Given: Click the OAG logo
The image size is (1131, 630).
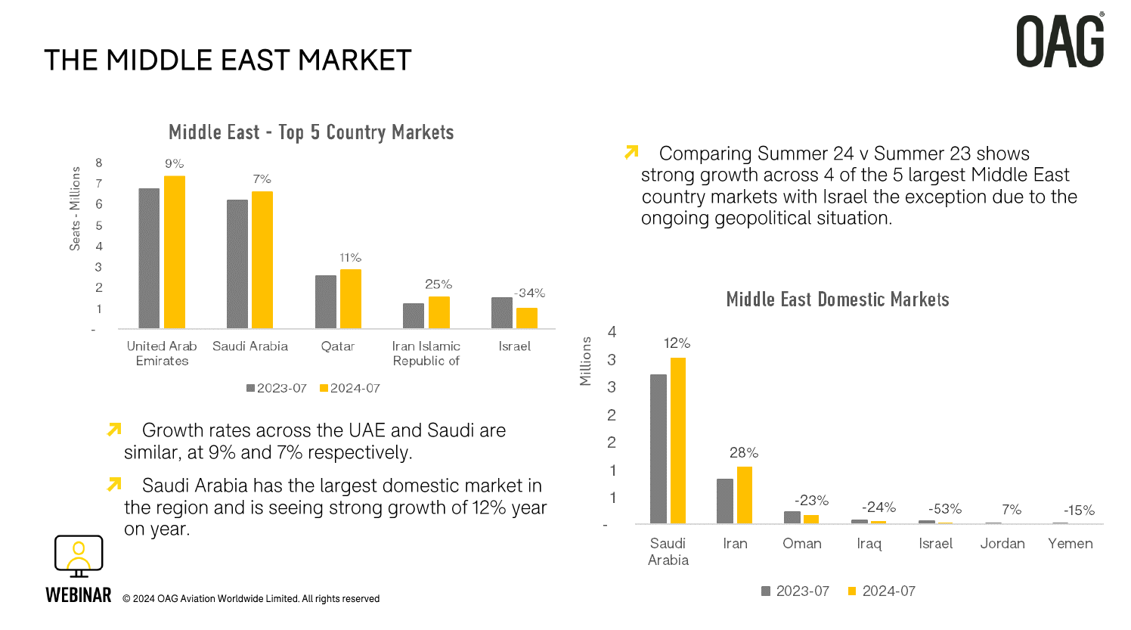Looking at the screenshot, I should pos(1060,42).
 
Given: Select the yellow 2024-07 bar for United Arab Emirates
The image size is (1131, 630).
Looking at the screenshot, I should pos(175,252).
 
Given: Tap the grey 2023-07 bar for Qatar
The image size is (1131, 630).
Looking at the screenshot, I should pos(326,302).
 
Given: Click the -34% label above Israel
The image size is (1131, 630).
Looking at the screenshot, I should pos(529,293).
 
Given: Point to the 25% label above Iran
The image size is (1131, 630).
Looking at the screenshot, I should pos(438,284).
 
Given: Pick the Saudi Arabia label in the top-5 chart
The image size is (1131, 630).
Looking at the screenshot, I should pos(250,346).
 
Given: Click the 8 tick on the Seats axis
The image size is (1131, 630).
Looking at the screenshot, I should pos(98,163).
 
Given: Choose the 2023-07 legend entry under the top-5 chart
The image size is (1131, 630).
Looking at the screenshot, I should pos(276,388).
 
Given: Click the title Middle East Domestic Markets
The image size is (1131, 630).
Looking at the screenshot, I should pos(838,299).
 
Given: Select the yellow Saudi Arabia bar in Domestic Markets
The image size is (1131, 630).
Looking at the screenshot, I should pos(678,440).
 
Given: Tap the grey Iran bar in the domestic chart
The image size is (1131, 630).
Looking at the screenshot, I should pos(725,501).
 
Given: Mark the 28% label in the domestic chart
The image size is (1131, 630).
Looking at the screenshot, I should pos(744,453).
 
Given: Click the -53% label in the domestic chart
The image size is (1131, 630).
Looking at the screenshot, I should pos(945,509).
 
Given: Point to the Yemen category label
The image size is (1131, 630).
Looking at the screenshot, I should pos(1071,544).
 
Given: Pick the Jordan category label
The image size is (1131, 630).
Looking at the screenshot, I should pos(1002,544).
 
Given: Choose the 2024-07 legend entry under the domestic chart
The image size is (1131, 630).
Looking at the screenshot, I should pos(882,591).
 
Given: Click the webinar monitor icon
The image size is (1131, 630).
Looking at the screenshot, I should pos(79,557).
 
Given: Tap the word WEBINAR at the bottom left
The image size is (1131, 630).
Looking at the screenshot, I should pos(79,596).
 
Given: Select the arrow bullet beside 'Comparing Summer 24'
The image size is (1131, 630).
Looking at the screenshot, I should pos(632,153).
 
